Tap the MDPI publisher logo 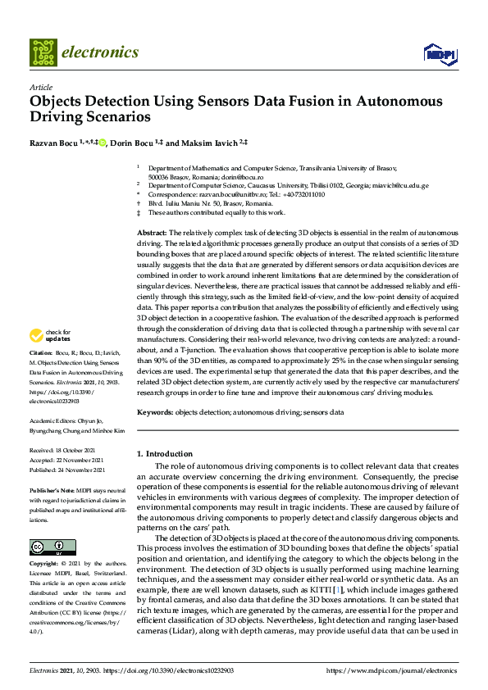tap(439, 54)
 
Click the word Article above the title tap(40, 87)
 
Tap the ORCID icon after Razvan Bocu tap(102, 143)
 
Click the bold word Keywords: tap(154, 411)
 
